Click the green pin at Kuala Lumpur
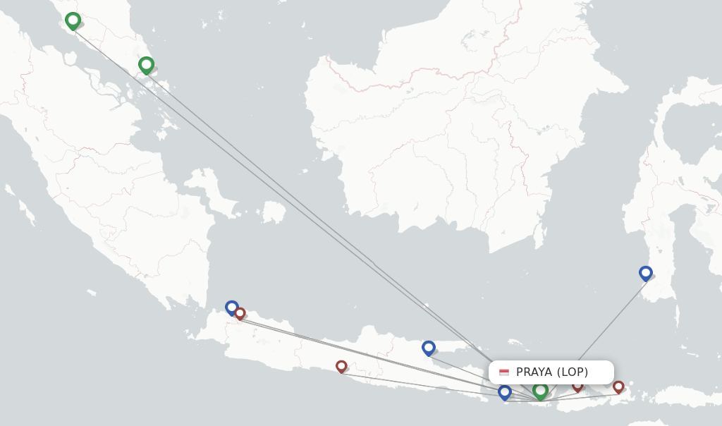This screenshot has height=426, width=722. [73, 21]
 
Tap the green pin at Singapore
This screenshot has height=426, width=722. [146, 66]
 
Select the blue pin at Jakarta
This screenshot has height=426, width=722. [231, 307]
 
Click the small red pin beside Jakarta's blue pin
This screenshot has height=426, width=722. [240, 313]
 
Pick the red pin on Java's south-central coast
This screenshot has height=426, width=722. [341, 366]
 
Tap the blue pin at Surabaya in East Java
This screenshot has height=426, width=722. [428, 347]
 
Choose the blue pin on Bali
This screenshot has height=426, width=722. [504, 391]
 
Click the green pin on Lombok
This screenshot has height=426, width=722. [541, 389]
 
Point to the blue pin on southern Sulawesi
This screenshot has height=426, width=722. [645, 272]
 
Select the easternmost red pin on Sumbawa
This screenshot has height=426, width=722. [618, 387]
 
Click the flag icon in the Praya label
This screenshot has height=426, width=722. [504, 372]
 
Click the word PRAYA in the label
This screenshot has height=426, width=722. [534, 372]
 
